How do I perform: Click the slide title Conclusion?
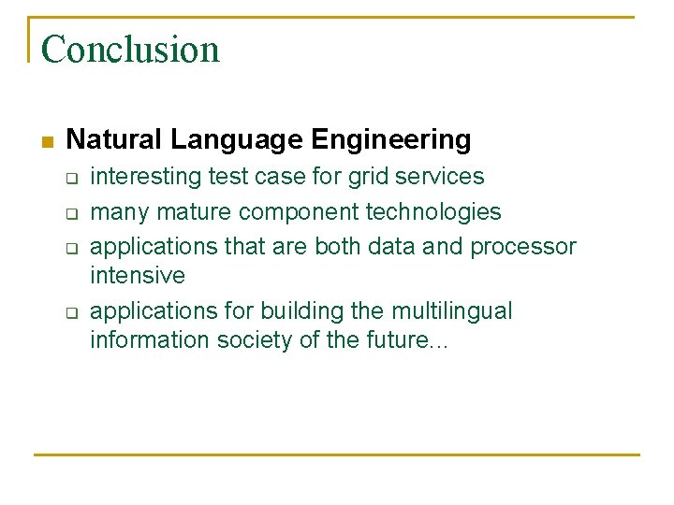point(130,49)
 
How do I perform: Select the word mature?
point(195,212)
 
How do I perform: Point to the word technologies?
point(432,212)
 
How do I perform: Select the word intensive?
point(137,276)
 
